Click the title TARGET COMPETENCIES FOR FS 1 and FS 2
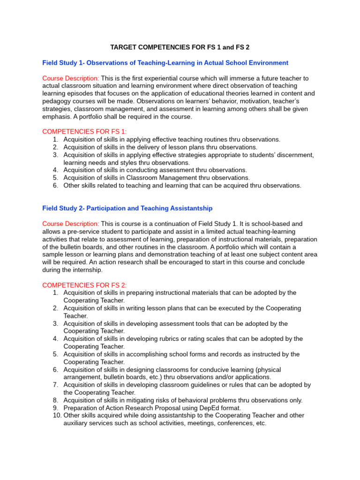(x=180, y=47)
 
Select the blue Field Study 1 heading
(x=165, y=62)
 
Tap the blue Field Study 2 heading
(x=127, y=208)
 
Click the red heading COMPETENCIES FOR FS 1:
(x=84, y=132)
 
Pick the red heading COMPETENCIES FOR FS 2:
(x=84, y=285)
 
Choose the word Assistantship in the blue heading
(x=189, y=208)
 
